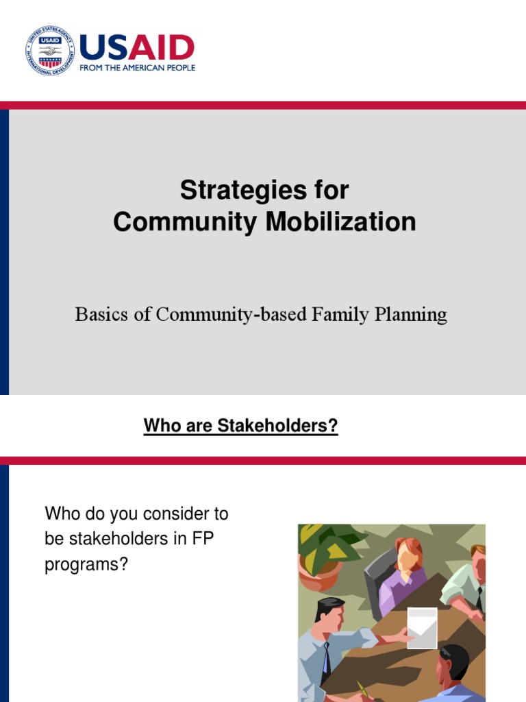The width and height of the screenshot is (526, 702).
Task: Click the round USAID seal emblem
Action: point(50,51)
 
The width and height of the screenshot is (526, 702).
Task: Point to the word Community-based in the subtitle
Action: point(232,315)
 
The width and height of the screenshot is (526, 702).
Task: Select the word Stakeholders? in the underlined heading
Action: point(277,426)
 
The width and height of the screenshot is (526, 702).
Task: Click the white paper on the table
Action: point(421,626)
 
